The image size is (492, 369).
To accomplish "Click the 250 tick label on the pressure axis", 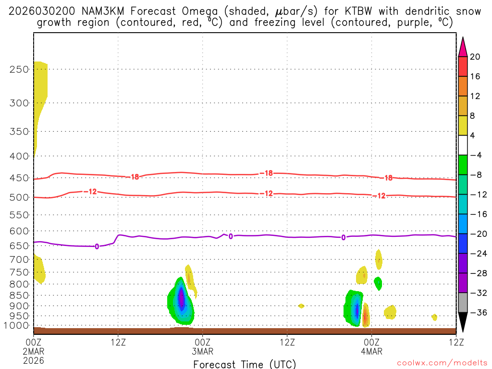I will pos(19,69).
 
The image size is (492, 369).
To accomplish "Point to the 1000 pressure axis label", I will pos(17,326).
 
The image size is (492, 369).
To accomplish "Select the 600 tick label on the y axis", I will pos(19,231).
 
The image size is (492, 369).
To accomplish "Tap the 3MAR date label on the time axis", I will pos(203,351).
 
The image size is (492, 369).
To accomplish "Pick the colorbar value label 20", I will pos(475,57).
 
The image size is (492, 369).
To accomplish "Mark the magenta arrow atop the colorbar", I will pos(463,47).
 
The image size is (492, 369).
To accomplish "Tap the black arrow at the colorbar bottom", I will pos(463,322).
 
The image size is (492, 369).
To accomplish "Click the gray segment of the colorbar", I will pos(463,303).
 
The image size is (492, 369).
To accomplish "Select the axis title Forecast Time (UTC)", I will pos(245,364).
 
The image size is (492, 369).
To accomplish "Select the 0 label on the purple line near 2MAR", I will pos(97,246).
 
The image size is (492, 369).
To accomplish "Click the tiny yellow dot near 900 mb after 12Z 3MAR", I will pos(301,306).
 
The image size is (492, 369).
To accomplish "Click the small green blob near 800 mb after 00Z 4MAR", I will pos(378,283).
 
